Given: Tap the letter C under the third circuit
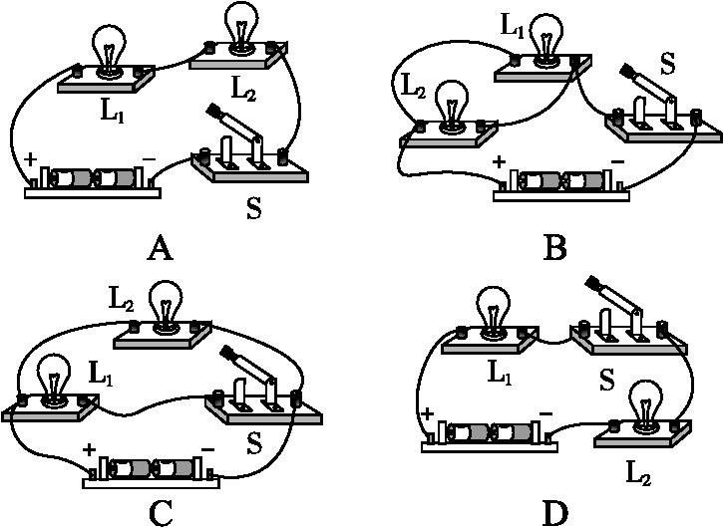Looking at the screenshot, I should pos(160,512).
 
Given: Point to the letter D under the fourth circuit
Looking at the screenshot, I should pos(555,512).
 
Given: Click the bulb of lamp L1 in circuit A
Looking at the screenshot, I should pos(107,42).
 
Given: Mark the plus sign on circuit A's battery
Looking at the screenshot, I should pos(30,158).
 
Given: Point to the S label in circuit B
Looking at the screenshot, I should pos(667,63).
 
